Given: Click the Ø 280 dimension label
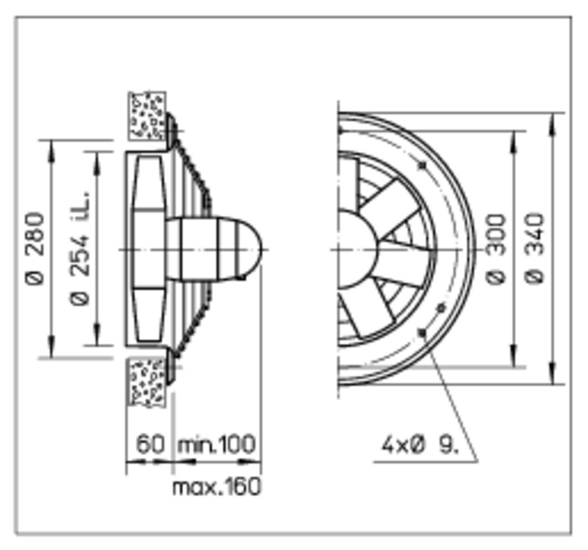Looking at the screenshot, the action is tap(35, 248).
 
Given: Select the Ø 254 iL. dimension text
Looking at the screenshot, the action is tap(80, 248).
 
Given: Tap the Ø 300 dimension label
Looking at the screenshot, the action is tap(495, 248).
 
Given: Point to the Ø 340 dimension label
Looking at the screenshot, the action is tap(534, 248).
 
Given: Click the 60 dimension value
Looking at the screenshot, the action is tap(150, 444).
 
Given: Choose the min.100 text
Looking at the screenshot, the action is tap(217, 444).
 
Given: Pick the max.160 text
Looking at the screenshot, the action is tap(216, 486).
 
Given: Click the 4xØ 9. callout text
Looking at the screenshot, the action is tap(420, 446).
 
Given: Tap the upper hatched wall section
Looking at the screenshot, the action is tap(147, 116).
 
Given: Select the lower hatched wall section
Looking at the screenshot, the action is tap(147, 382).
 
